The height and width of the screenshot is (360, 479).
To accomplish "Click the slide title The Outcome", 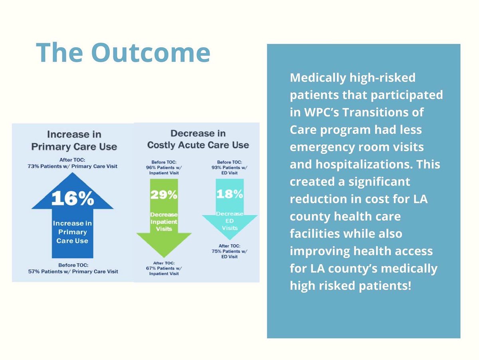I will tap(123, 53).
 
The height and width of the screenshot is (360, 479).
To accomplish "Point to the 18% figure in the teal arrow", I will tap(230, 194).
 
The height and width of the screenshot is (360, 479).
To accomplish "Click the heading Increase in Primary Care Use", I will tap(74, 140).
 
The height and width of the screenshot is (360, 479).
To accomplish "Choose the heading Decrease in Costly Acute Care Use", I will tap(198, 139).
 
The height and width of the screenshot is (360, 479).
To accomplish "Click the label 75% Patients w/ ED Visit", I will tap(229, 254).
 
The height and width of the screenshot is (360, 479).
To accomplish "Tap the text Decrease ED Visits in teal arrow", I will tap(230, 221).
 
